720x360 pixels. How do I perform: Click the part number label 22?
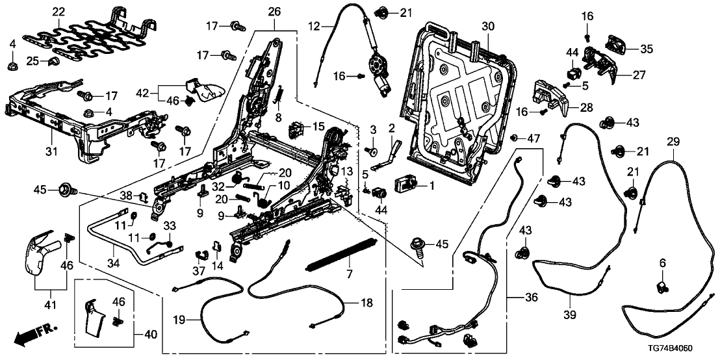pyautogui.click(x=58, y=12)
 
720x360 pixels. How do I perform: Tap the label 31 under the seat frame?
pyautogui.click(x=51, y=152)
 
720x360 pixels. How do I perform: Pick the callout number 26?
pyautogui.click(x=274, y=12)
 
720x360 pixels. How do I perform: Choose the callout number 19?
pyautogui.click(x=179, y=319)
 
